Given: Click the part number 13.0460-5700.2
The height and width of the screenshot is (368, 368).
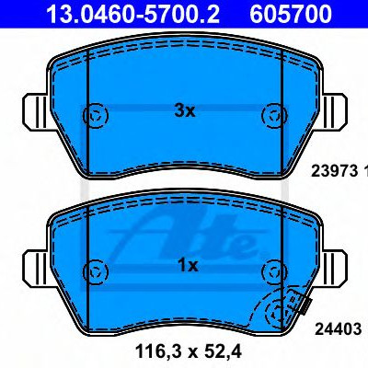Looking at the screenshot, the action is [132, 14].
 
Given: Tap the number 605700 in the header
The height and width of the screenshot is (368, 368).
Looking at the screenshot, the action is [291, 14].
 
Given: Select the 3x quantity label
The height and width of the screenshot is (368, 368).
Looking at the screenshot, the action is [185, 111].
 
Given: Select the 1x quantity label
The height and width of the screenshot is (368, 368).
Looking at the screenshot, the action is [188, 266].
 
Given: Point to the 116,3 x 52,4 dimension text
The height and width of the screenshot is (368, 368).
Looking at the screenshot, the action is [189, 351].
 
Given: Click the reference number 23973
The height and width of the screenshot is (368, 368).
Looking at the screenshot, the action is [335, 171].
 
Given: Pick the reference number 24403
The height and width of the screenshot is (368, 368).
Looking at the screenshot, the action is [339, 329].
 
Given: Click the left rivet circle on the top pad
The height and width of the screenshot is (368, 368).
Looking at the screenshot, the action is [96, 116].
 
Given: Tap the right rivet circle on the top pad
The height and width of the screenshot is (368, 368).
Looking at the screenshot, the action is [274, 116].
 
